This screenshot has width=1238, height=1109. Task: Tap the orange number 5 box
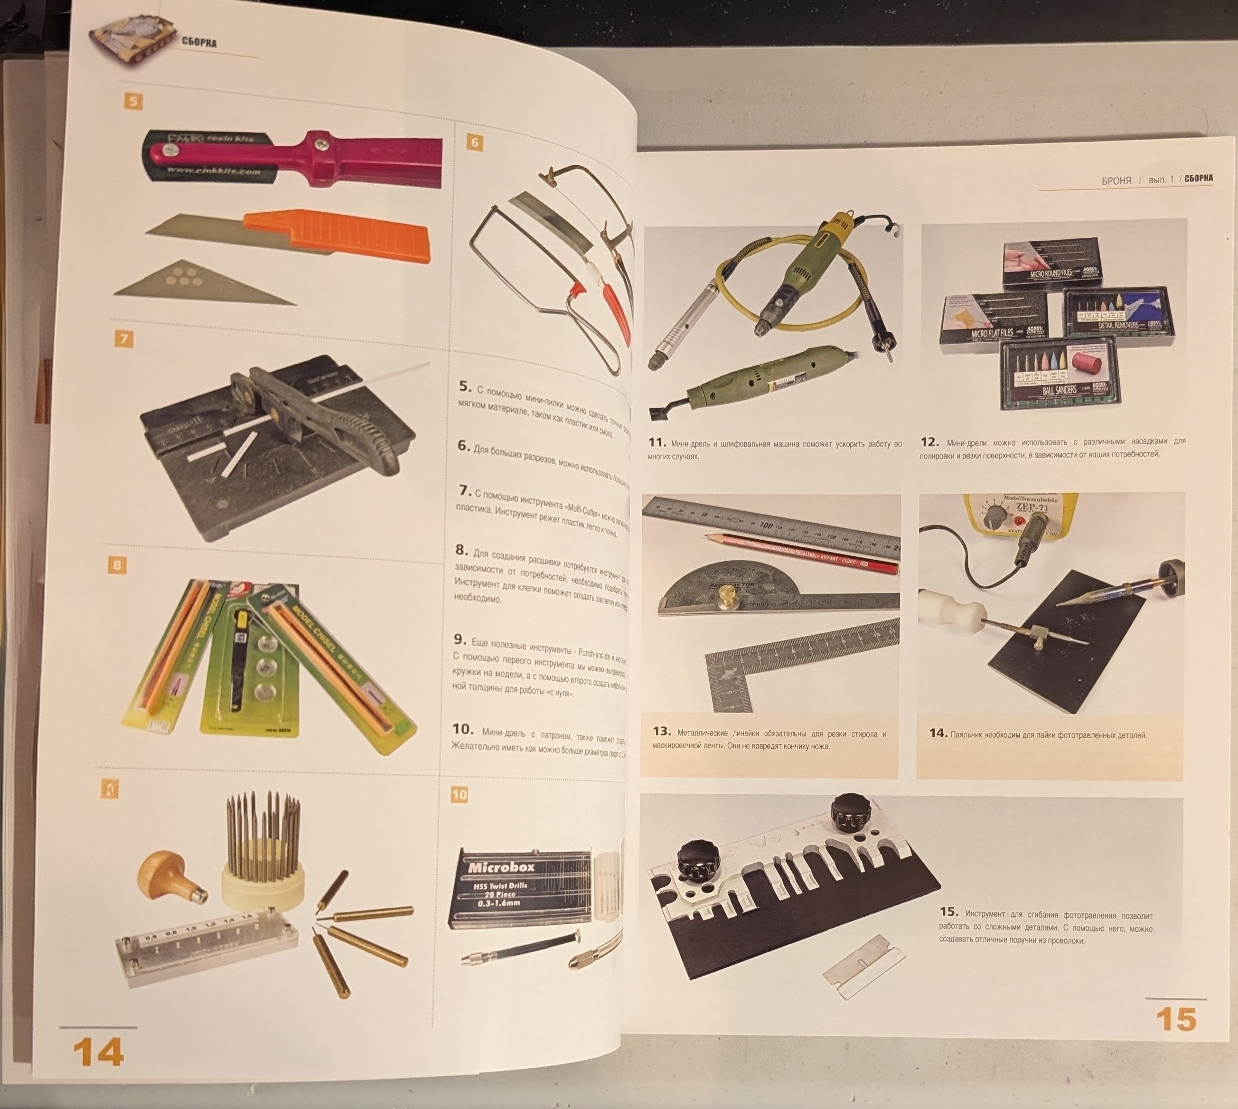(133, 101)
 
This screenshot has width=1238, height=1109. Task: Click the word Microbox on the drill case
(501, 867)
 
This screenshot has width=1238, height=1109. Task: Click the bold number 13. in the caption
(661, 731)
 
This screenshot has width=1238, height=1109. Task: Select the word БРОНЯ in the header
(1116, 180)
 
